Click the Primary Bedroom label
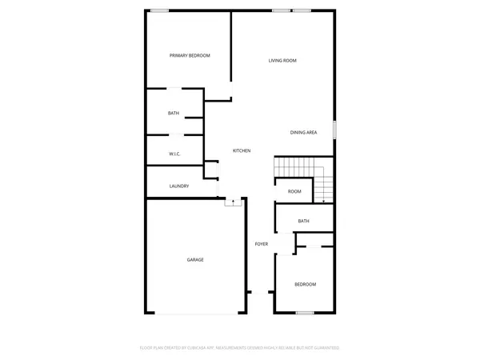coord(190,55)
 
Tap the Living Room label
coord(282,61)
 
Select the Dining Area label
coord(303,132)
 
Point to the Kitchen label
coord(242,151)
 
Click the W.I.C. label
coord(174,153)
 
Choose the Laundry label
coord(178,186)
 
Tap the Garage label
coord(195,260)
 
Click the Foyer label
coord(261,243)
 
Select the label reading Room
coord(294,191)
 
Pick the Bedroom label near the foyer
coord(305,285)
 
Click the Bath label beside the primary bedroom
coord(174,114)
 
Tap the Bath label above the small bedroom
coord(303,221)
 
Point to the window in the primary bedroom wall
coord(160,10)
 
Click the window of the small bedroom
coord(304,313)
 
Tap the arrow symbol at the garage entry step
coord(233,202)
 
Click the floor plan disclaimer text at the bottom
coord(240,348)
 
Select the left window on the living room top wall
coord(281,10)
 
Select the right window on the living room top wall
coord(302,10)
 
